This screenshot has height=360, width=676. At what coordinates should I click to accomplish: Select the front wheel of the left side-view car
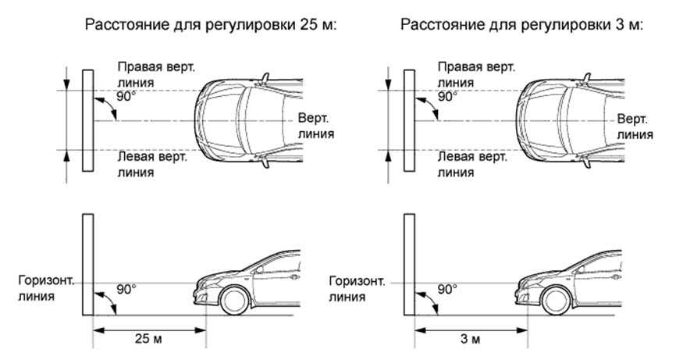click(235, 301)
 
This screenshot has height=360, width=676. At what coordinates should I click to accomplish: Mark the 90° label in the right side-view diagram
click(447, 288)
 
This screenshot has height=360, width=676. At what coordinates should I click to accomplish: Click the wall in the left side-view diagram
click(87, 265)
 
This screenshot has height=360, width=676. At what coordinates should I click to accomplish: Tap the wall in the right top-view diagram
click(407, 120)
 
